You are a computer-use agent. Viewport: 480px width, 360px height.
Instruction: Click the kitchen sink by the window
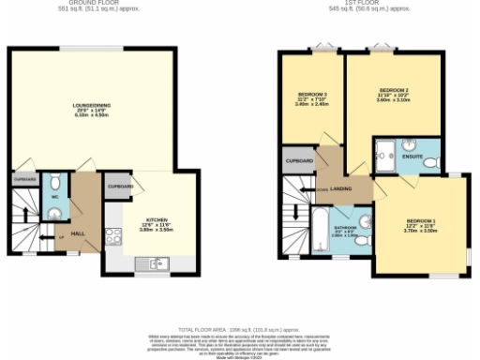(155, 265)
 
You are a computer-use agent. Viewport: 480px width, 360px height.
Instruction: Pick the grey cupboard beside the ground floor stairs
(24, 177)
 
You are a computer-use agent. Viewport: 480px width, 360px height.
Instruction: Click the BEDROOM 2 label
(393, 90)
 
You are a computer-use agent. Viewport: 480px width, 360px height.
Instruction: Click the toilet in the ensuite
(431, 161)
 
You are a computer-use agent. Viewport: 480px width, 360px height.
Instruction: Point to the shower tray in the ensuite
(384, 151)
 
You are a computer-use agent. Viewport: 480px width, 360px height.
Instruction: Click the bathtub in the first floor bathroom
(318, 231)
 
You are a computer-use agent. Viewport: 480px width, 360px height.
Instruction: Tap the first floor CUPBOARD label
(298, 161)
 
